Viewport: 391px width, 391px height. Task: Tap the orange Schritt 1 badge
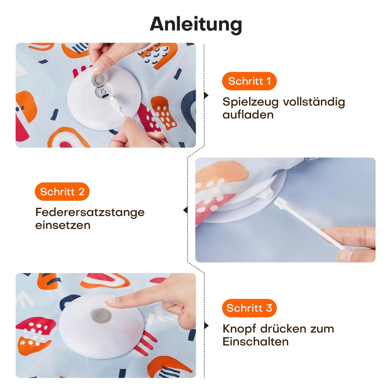pyautogui.click(x=249, y=81)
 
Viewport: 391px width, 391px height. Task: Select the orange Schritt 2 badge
pyautogui.click(x=62, y=192)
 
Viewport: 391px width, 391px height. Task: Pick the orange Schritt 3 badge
pyautogui.click(x=249, y=308)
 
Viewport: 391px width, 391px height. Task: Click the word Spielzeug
pyautogui.click(x=250, y=102)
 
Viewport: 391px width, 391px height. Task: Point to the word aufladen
pyautogui.click(x=248, y=115)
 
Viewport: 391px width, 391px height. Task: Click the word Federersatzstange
pyautogui.click(x=90, y=212)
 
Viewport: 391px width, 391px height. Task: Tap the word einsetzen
pyautogui.click(x=63, y=225)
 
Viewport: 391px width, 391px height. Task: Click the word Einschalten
pyautogui.click(x=255, y=342)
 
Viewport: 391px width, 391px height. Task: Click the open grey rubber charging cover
pyautogui.click(x=100, y=79)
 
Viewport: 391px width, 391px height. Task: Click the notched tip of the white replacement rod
pyautogui.click(x=280, y=203)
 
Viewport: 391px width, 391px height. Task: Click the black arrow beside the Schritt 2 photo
pyautogui.click(x=185, y=210)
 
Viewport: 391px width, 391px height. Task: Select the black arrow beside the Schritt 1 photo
pyautogui.click(x=206, y=95)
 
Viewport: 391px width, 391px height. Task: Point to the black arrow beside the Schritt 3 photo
pyautogui.click(x=206, y=326)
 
